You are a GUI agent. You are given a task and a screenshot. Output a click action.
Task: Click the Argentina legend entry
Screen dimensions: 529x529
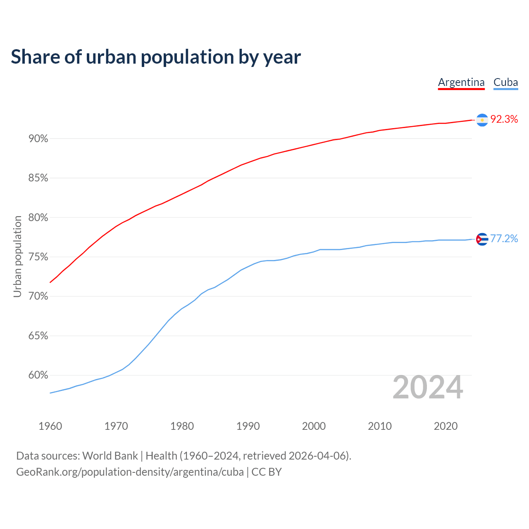tap(461, 82)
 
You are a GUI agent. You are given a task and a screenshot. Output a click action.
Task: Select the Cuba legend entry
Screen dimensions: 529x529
tap(505, 82)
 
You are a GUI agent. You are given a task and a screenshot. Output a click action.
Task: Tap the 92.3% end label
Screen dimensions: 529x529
tap(504, 119)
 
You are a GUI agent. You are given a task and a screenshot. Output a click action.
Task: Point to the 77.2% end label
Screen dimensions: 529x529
tap(504, 239)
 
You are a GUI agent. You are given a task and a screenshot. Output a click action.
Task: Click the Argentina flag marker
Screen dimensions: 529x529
tap(482, 120)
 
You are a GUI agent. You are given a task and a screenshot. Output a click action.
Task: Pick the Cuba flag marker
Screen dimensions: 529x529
tap(482, 239)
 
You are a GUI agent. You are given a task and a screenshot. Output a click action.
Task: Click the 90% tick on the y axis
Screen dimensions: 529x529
tap(38, 139)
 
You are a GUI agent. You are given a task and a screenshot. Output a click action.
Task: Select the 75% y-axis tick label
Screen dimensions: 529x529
tap(38, 257)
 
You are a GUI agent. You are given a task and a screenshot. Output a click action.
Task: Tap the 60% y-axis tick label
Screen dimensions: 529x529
tap(38, 375)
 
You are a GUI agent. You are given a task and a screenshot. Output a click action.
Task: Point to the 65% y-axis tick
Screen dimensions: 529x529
tap(38, 336)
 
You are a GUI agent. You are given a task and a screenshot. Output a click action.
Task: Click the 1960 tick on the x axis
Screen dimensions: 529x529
tap(50, 426)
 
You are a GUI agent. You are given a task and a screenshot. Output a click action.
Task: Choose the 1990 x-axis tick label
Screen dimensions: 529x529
tap(248, 426)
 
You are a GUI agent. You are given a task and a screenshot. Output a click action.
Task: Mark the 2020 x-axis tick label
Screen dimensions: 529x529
tap(446, 426)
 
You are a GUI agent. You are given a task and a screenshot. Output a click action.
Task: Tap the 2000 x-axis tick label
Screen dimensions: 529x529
tap(314, 426)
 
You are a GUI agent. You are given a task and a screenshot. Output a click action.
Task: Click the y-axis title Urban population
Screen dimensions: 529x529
tap(17, 256)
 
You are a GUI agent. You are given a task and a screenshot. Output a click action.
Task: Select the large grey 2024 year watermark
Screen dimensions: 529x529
tap(428, 387)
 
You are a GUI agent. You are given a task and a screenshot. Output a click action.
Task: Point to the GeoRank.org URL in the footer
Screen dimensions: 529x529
tap(130, 472)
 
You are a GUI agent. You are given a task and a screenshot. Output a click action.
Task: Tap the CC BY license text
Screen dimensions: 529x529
tap(267, 472)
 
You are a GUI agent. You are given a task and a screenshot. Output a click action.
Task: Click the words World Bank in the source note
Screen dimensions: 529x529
tap(110, 456)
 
